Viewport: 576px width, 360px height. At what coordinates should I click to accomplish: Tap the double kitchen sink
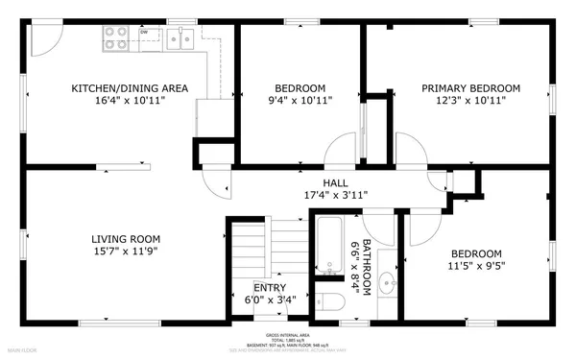click(x=180, y=37)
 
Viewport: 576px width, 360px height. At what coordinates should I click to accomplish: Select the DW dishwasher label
click(x=144, y=32)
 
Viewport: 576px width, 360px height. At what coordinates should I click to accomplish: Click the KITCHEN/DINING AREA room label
click(x=130, y=88)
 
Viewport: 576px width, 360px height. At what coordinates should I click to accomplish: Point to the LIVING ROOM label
click(x=126, y=239)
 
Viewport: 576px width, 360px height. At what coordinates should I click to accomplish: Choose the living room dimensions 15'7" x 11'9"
click(x=126, y=252)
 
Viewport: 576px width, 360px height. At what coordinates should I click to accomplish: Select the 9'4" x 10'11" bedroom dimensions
click(x=300, y=101)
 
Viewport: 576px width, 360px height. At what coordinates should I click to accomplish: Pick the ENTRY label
click(x=269, y=287)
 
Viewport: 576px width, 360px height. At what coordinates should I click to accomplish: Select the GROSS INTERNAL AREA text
click(x=288, y=334)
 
